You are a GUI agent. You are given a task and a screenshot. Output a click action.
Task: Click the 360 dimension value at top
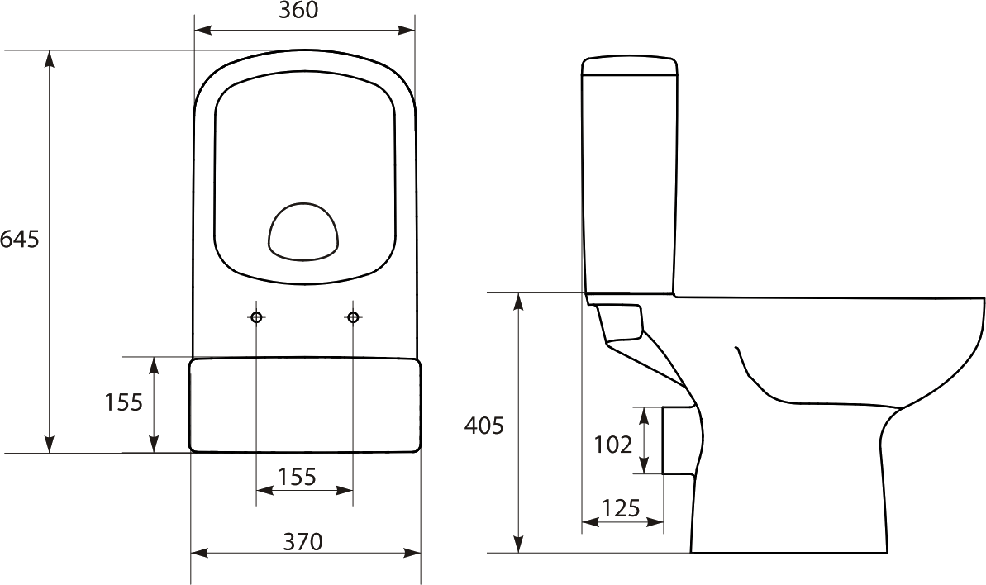(x=298, y=10)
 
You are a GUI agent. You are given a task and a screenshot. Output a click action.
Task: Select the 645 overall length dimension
(x=20, y=240)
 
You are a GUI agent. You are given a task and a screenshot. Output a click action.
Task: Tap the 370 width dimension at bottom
(x=302, y=541)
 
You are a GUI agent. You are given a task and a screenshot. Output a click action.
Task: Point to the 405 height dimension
(x=484, y=426)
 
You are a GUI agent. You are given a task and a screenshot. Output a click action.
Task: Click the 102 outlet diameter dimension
(x=613, y=445)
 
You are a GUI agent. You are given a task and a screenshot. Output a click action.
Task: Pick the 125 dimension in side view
(x=622, y=507)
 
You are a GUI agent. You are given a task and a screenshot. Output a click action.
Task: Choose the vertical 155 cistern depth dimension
(x=124, y=402)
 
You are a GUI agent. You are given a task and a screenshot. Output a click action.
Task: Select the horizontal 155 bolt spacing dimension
(x=297, y=477)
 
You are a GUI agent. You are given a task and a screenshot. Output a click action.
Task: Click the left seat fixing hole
(x=256, y=317)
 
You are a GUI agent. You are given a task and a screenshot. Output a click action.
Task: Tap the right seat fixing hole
(x=353, y=317)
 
